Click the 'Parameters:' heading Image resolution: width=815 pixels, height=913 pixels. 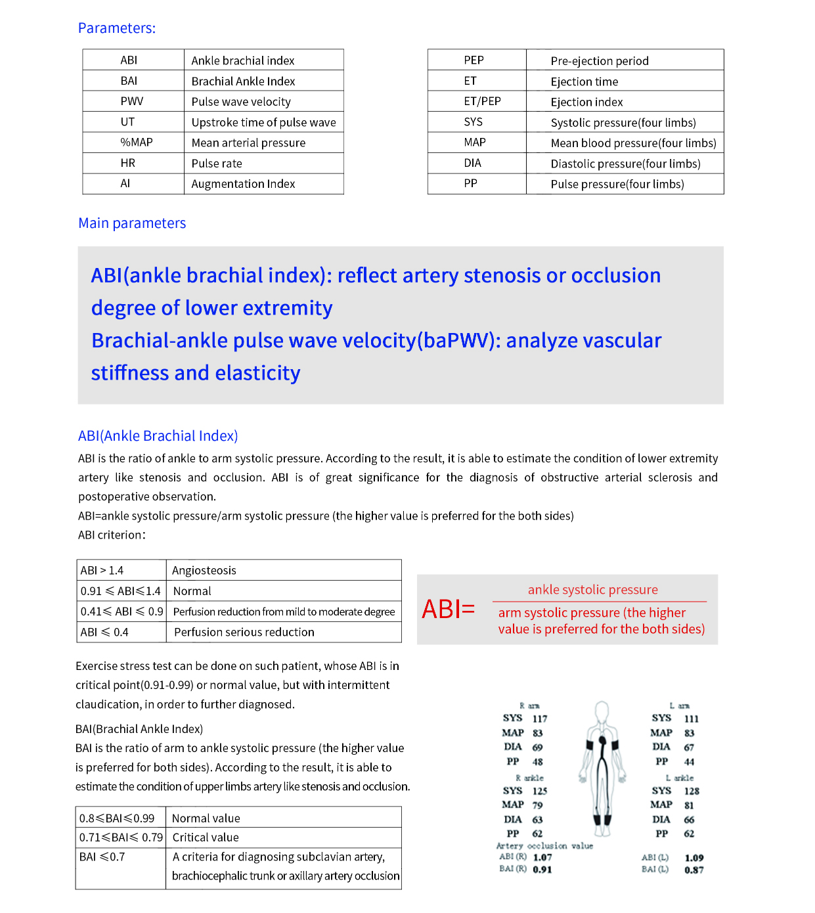[117, 28]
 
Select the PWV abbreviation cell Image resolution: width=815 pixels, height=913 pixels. [131, 101]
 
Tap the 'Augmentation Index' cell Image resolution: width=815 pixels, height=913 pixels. [243, 184]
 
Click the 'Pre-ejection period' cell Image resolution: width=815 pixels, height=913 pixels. [600, 61]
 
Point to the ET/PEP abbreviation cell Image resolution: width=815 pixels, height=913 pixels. [482, 101]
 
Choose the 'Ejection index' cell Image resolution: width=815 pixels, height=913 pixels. [586, 102]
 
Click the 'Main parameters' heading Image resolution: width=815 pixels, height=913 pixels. [132, 223]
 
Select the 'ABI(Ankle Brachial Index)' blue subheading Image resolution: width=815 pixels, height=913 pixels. [158, 436]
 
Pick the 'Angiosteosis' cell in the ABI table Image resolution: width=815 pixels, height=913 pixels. [204, 570]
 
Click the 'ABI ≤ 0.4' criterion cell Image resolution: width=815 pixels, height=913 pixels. [104, 632]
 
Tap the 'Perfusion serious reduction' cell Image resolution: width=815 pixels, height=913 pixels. [244, 632]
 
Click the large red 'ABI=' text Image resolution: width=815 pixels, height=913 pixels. [448, 610]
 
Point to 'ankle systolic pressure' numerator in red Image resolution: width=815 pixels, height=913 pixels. [592, 590]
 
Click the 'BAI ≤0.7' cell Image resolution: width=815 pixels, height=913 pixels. [102, 857]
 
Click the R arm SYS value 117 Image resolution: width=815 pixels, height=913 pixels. [540, 719]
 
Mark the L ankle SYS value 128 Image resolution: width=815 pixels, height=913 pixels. [692, 791]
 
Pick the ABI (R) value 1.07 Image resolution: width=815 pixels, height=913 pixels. [542, 857]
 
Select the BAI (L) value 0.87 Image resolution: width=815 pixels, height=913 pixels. [694, 870]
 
